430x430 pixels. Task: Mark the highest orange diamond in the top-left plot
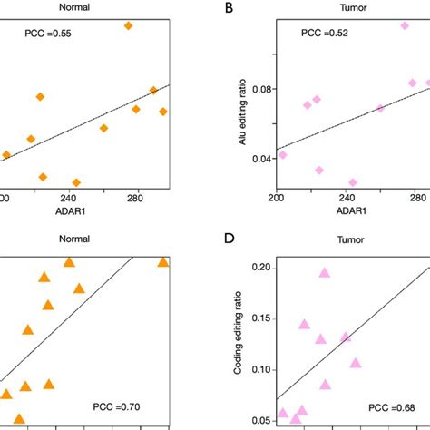128,25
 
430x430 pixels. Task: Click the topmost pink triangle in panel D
324,272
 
